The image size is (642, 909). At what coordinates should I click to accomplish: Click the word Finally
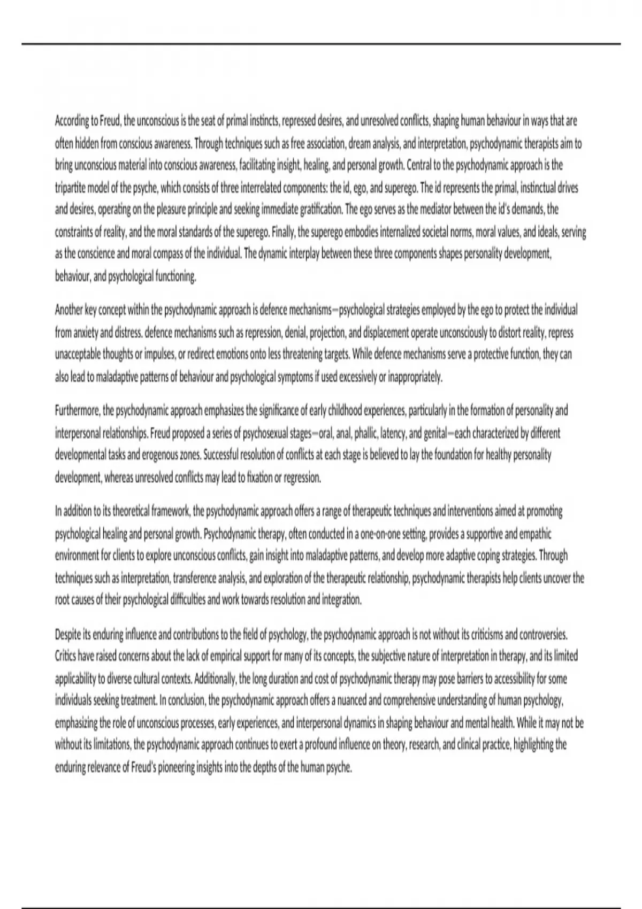283,233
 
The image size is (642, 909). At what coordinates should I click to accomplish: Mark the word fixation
256,478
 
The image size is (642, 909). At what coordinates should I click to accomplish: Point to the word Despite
67,635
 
